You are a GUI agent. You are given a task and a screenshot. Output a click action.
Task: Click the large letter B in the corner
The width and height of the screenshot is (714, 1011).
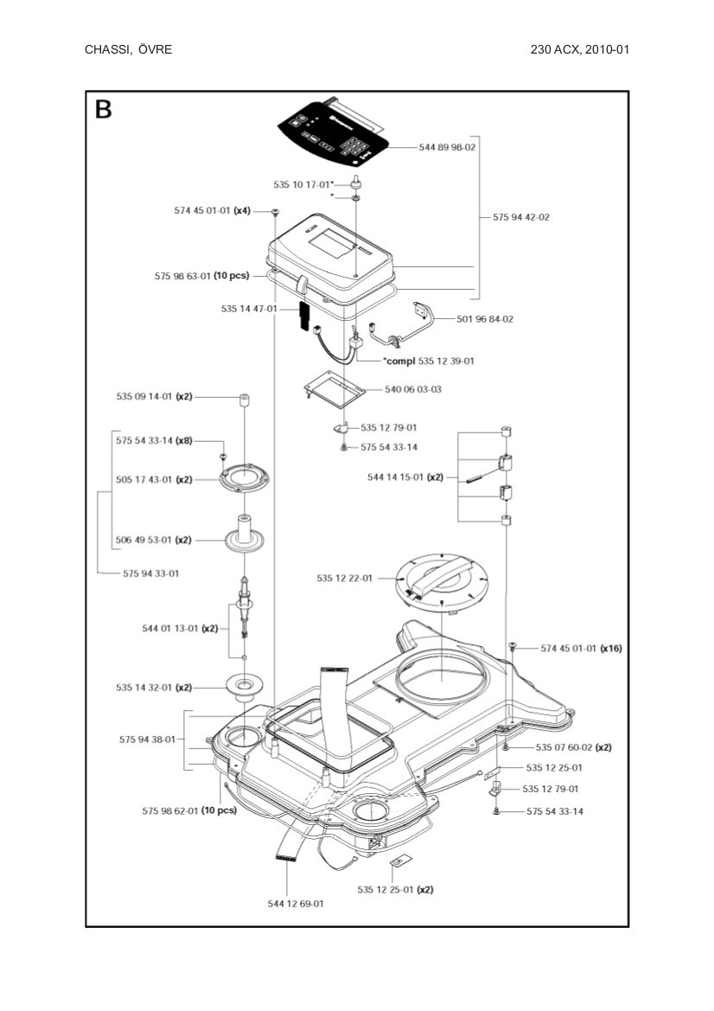point(104,110)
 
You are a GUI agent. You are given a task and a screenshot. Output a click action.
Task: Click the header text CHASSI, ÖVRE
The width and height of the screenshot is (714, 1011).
point(128,49)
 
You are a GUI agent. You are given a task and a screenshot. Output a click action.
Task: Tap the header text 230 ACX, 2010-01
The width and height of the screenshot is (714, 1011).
point(579,49)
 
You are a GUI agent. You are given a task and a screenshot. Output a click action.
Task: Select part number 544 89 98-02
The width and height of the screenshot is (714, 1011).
point(447,148)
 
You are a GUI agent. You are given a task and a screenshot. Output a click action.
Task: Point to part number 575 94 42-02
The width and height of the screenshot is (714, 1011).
point(520,217)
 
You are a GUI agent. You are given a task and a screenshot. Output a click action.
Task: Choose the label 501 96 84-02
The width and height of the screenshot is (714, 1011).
point(485,319)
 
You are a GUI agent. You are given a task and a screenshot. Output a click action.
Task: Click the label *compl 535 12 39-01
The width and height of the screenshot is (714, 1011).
point(429,361)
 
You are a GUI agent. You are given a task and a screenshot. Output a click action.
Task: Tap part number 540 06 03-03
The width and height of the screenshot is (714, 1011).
point(412,389)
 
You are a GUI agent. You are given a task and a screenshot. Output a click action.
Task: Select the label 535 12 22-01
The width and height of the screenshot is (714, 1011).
point(344,578)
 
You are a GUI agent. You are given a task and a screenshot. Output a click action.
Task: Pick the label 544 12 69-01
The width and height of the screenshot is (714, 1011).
point(296,904)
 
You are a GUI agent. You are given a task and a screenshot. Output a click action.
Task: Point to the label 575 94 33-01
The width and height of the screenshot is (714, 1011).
point(151,573)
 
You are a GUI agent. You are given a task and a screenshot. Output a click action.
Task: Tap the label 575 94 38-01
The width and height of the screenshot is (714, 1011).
point(147,739)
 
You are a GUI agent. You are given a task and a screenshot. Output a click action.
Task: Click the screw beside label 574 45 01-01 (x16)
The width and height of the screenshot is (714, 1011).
point(512,646)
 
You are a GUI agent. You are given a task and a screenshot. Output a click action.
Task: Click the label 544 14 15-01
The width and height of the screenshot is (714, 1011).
point(405,477)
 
